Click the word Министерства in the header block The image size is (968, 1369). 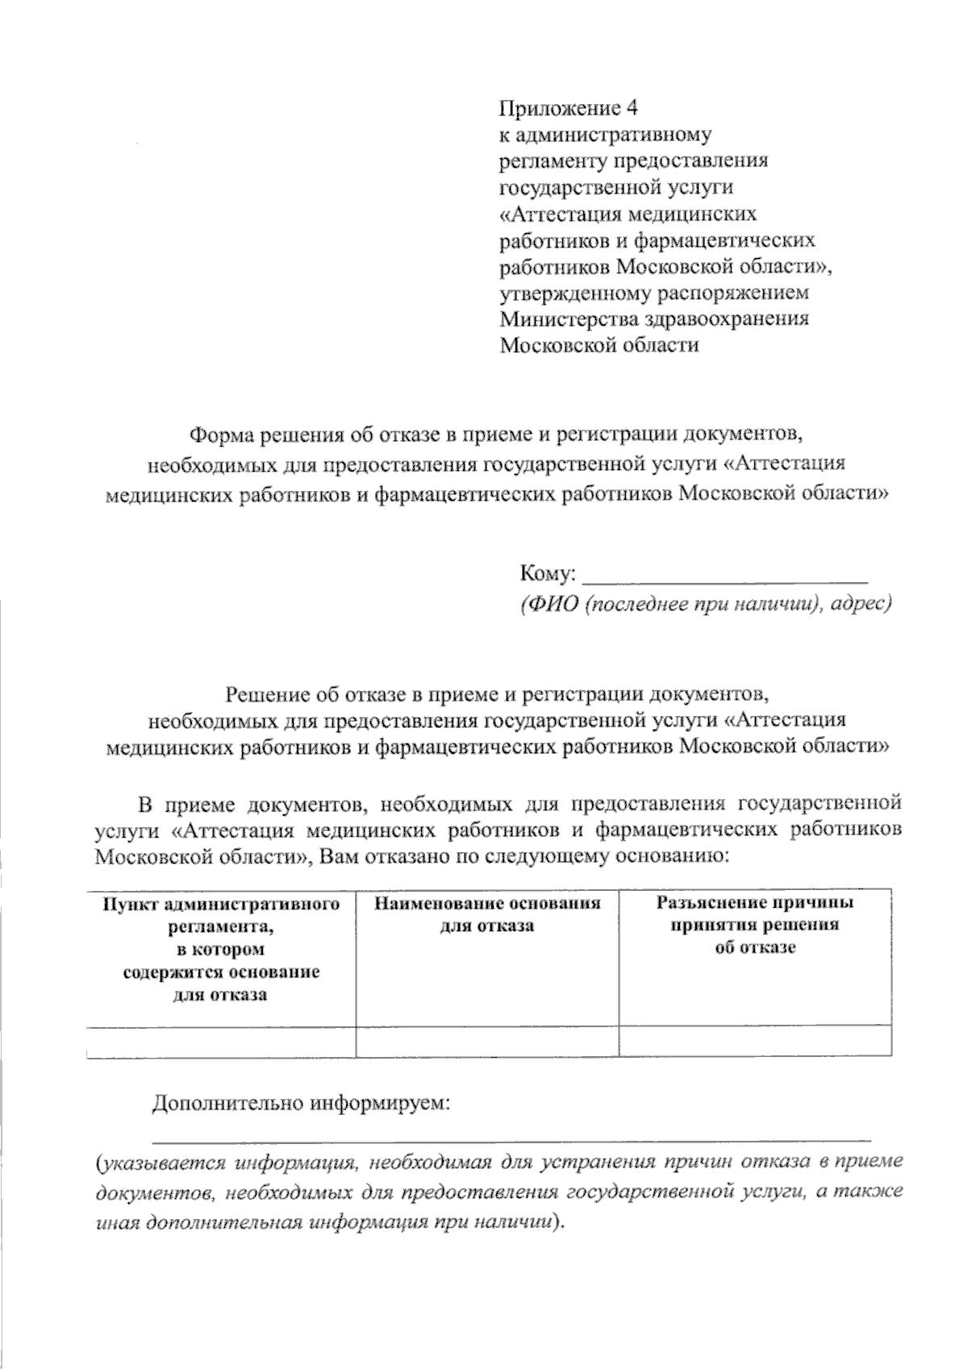tap(570, 318)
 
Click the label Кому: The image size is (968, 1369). tap(548, 574)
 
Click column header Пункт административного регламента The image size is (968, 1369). tap(221, 949)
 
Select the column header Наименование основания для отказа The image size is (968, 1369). tap(487, 914)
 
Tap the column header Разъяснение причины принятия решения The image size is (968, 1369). tap(755, 925)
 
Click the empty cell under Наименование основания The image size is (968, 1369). tap(487, 1041)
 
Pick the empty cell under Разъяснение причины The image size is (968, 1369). tap(755, 1041)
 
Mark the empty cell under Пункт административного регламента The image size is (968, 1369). tap(221, 1041)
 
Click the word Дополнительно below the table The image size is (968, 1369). tap(227, 1103)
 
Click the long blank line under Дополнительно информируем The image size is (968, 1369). tap(511, 1138)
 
